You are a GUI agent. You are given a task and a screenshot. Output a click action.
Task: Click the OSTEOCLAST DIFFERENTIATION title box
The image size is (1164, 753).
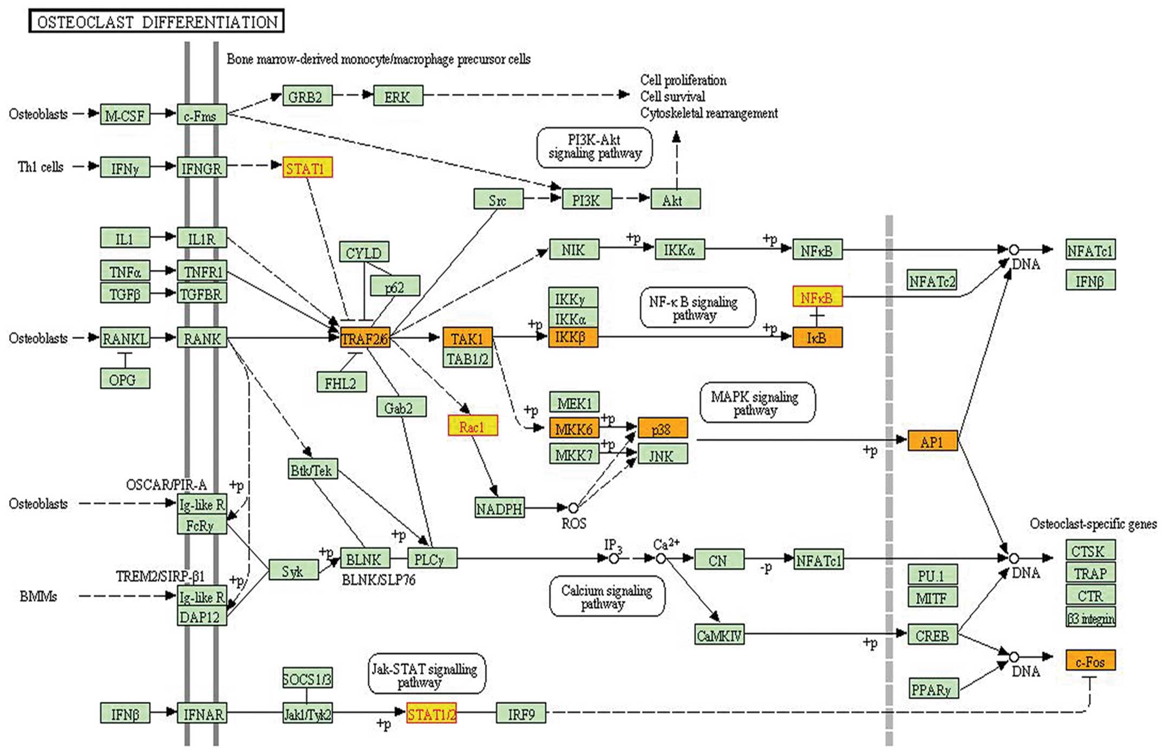click(156, 21)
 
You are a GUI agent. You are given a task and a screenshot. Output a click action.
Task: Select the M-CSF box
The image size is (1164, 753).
click(125, 115)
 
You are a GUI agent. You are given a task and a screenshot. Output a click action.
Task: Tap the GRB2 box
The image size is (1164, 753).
click(307, 96)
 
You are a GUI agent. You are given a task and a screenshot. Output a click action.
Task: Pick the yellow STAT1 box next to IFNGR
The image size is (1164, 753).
click(307, 168)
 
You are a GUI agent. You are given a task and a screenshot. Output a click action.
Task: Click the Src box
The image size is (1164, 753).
click(498, 199)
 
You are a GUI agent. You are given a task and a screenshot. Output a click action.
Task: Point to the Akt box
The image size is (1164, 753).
click(675, 199)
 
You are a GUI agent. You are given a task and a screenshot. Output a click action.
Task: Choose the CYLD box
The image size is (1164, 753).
click(364, 252)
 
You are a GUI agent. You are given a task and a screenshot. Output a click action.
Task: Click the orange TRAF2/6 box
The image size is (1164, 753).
click(365, 339)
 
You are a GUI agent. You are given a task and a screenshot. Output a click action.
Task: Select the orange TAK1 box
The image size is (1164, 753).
click(467, 338)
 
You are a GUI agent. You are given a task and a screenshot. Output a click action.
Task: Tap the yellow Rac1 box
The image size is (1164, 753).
click(473, 426)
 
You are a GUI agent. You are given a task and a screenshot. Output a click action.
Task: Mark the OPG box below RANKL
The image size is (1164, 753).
click(125, 379)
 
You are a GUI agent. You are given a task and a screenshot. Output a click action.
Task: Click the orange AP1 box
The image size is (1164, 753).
click(932, 441)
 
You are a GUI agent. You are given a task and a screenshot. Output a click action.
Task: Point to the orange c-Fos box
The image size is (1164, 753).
click(1090, 660)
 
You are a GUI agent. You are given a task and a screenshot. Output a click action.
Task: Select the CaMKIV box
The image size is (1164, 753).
click(719, 634)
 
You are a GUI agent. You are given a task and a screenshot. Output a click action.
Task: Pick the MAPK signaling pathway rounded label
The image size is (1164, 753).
click(757, 403)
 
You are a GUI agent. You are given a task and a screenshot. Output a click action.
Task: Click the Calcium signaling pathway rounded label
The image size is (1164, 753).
click(607, 596)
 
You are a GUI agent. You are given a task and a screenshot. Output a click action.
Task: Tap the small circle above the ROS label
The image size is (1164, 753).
click(573, 508)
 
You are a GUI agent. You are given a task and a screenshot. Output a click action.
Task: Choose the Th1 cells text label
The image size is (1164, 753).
click(41, 167)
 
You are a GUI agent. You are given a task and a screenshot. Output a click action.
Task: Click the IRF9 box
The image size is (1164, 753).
click(521, 713)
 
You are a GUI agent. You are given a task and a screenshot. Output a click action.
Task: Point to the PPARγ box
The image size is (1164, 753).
click(932, 689)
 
